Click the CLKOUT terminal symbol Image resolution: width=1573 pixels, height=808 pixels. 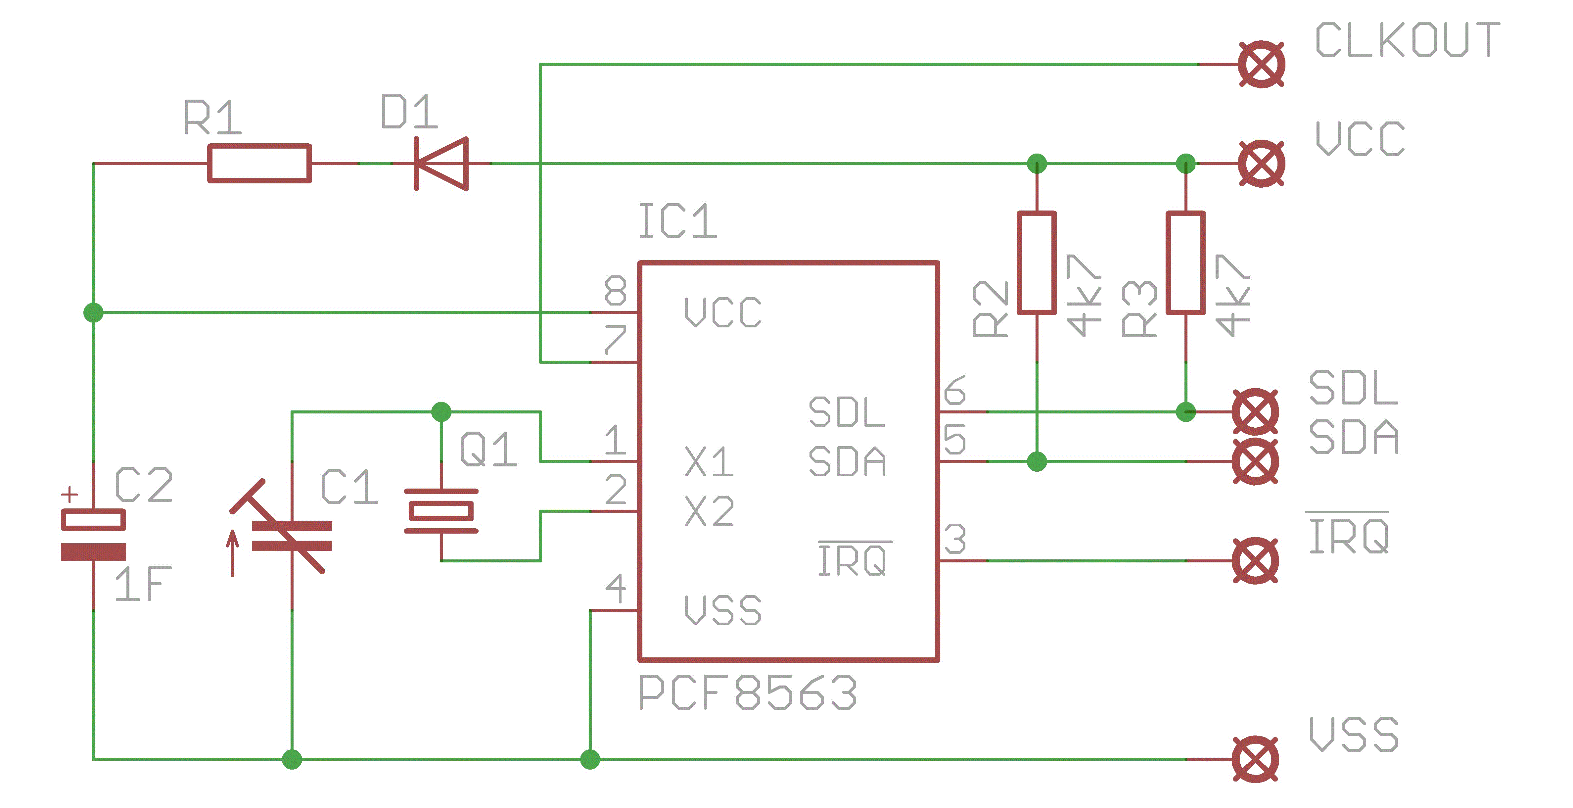click(1261, 64)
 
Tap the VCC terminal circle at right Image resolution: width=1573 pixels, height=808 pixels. click(1261, 164)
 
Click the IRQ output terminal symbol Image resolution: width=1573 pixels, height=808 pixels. click(1255, 561)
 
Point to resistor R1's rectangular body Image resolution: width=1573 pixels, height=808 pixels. click(259, 164)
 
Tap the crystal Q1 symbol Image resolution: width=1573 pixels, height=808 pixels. click(441, 510)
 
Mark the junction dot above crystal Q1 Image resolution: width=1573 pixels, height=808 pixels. click(441, 412)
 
